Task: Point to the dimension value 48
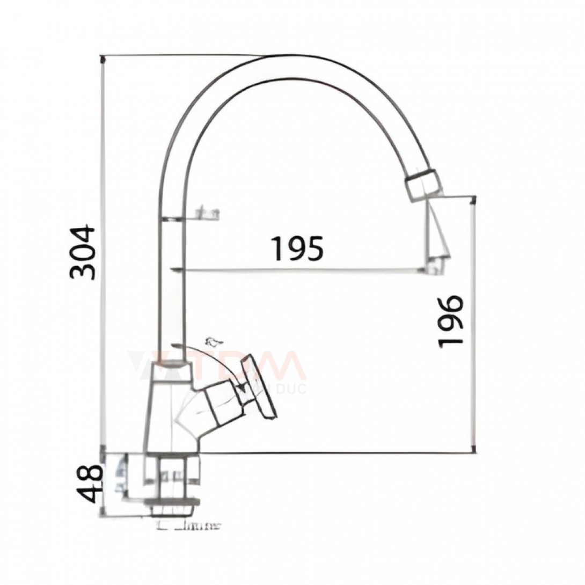click(89, 483)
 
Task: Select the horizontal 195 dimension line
click(301, 269)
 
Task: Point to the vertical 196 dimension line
click(473, 322)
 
